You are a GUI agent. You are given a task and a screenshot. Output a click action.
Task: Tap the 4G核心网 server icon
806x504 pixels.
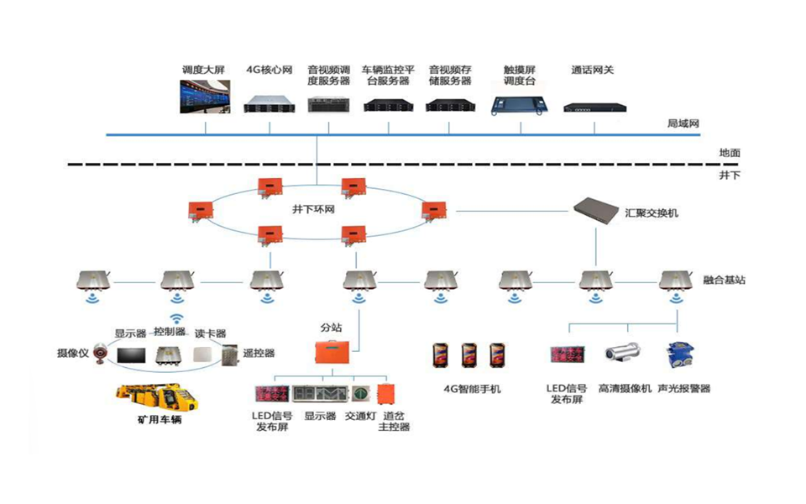click(x=269, y=104)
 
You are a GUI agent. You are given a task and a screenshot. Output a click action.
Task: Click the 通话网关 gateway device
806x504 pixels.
click(x=593, y=107)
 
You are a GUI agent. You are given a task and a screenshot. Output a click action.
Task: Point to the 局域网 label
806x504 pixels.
click(x=683, y=123)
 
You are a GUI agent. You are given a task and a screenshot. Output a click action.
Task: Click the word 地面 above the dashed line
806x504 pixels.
click(x=729, y=153)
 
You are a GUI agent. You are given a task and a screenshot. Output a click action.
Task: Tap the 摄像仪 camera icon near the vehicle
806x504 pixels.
click(x=100, y=354)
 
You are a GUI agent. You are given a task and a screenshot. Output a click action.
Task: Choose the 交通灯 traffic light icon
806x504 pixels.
click(x=359, y=394)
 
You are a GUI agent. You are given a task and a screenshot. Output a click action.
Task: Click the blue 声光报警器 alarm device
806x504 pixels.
click(x=677, y=355)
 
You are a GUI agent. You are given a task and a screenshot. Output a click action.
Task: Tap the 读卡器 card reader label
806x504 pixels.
click(x=210, y=333)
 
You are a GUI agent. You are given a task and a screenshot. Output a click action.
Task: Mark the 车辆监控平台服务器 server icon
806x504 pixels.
click(x=390, y=106)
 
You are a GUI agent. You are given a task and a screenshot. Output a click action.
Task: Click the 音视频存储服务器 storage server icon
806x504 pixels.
click(x=450, y=106)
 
